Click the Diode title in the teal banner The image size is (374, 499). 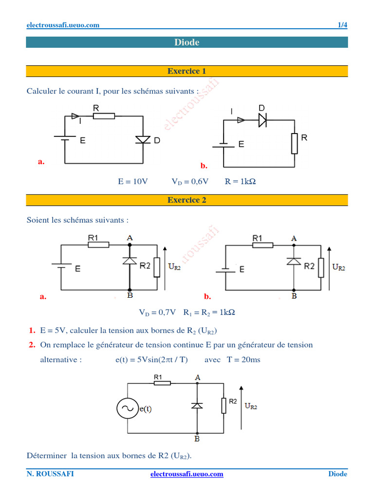[x=187, y=42]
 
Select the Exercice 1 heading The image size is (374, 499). [x=187, y=71]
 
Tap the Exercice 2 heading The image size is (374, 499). [x=187, y=200]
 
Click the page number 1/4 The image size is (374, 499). [x=342, y=25]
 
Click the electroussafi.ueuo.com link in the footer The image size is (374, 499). [x=187, y=474]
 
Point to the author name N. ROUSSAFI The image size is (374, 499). [x=50, y=474]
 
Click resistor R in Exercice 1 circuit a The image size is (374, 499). [x=104, y=116]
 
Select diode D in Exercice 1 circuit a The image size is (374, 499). [x=143, y=140]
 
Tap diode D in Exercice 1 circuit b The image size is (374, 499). [x=262, y=120]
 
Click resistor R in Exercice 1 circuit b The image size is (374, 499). [x=294, y=144]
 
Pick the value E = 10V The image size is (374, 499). [x=132, y=181]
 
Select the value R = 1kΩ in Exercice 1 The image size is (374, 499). [x=240, y=181]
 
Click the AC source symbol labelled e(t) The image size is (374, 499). [x=127, y=408]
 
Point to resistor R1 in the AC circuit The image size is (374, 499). [x=162, y=383]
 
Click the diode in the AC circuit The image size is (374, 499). [x=197, y=405]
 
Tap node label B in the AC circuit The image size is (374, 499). [x=197, y=439]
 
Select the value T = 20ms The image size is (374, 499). [x=243, y=360]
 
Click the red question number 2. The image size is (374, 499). [x=32, y=345]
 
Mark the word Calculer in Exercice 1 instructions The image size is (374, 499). [x=42, y=91]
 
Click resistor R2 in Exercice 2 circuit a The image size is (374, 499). [x=157, y=267]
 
